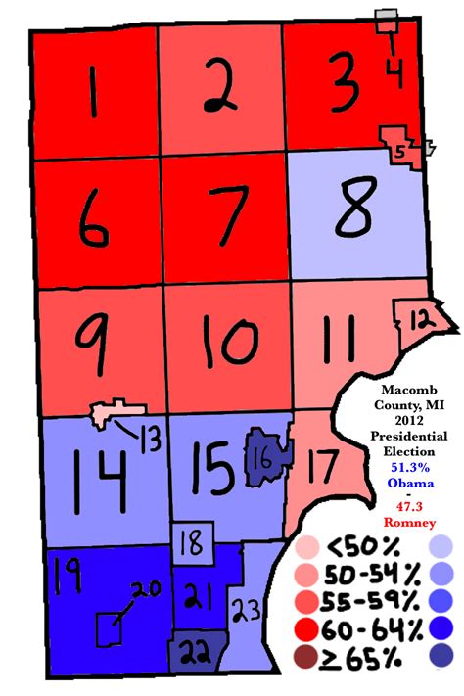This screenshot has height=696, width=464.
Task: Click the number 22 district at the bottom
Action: point(197,653)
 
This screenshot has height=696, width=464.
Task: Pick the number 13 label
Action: point(150,441)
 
